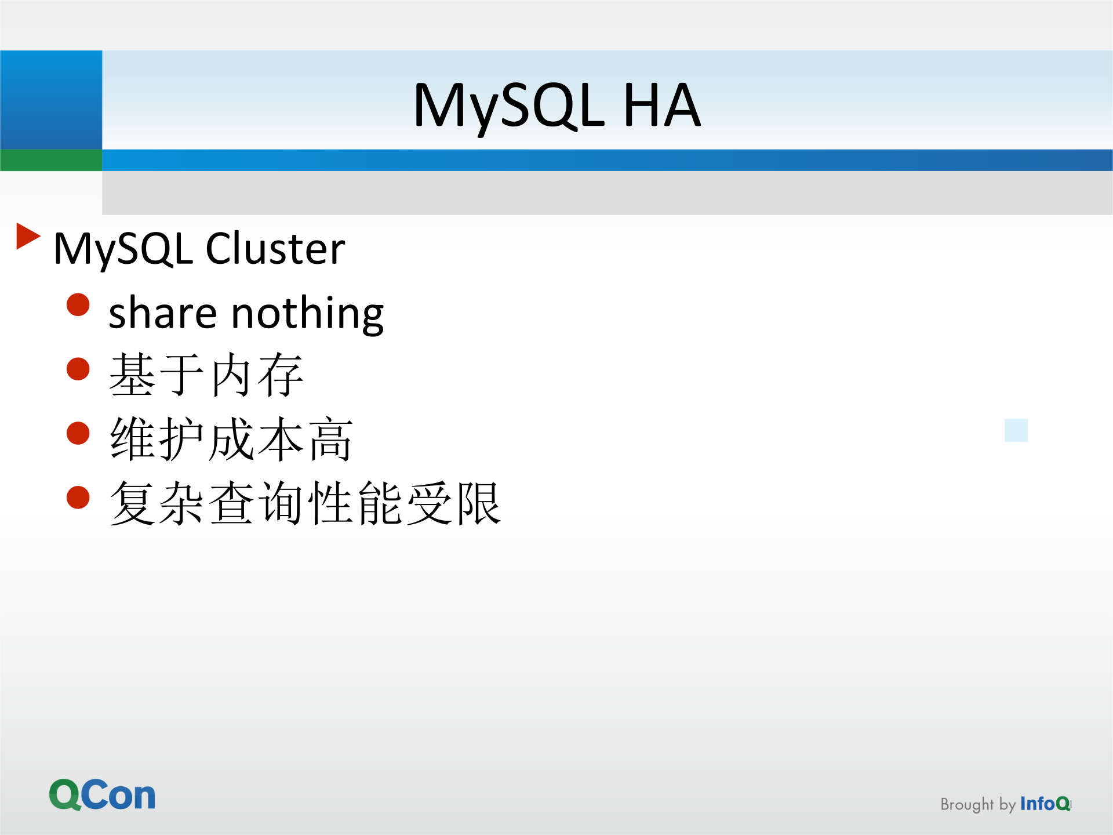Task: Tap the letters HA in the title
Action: pyautogui.click(x=661, y=106)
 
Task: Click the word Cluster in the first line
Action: pyautogui.click(x=275, y=249)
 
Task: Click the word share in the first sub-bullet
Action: pyautogui.click(x=163, y=313)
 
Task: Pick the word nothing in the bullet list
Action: pyautogui.click(x=307, y=313)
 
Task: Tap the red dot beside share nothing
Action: pyautogui.click(x=78, y=305)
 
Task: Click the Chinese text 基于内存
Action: pyautogui.click(x=206, y=375)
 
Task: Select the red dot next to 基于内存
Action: pyautogui.click(x=78, y=369)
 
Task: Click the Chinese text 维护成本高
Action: pyautogui.click(x=231, y=439)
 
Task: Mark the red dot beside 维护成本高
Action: pyautogui.click(x=78, y=433)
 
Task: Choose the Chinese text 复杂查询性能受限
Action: pyautogui.click(x=305, y=503)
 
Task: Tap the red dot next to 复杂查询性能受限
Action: pyautogui.click(x=78, y=497)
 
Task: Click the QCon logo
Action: pyautogui.click(x=103, y=794)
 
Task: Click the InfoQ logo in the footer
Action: pyautogui.click(x=1045, y=804)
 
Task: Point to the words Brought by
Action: pyautogui.click(x=977, y=804)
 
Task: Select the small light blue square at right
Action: pyautogui.click(x=1016, y=430)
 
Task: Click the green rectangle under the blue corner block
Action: pyautogui.click(x=51, y=160)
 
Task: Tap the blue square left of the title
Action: pyautogui.click(x=51, y=99)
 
